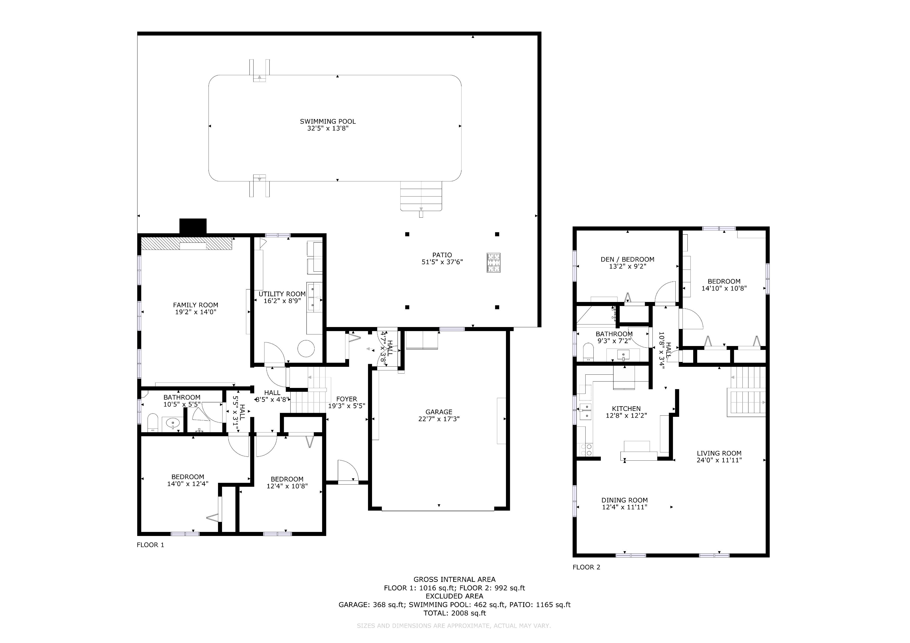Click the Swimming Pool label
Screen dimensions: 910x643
tap(328, 121)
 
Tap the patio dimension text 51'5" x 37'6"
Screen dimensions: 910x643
tap(442, 262)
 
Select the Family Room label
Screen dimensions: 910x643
tap(196, 305)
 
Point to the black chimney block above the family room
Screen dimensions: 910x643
tap(193, 226)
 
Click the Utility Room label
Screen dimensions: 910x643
tap(282, 294)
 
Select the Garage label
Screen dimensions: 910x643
tap(439, 412)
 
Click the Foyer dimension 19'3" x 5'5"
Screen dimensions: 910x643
tap(346, 406)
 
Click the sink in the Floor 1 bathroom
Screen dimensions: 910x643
tap(173, 424)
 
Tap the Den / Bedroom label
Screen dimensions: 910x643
tap(628, 260)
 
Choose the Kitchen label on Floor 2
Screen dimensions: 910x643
tap(626, 409)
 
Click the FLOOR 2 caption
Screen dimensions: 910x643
tap(586, 567)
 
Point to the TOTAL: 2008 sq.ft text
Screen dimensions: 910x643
tap(455, 613)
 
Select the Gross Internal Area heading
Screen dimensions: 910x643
tap(454, 579)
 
